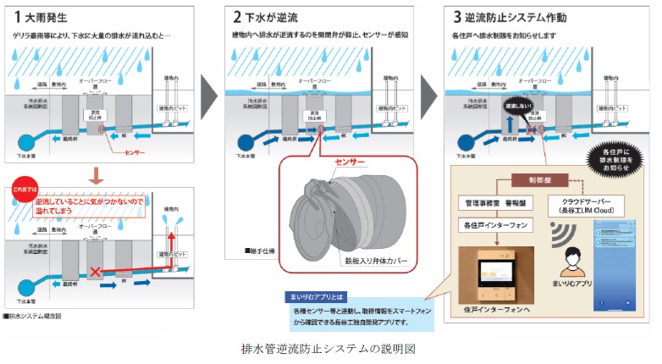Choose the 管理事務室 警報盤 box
click(x=492, y=204)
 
